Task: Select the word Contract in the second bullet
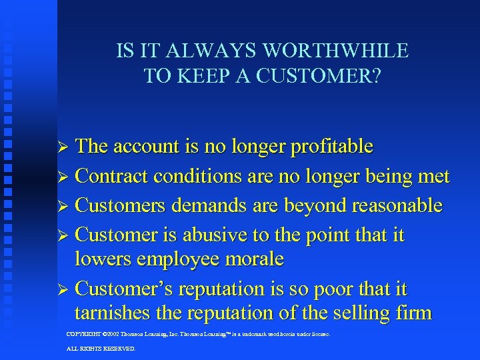tap(112, 176)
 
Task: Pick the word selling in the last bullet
tap(363, 313)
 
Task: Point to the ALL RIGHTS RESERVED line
tap(101, 349)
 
